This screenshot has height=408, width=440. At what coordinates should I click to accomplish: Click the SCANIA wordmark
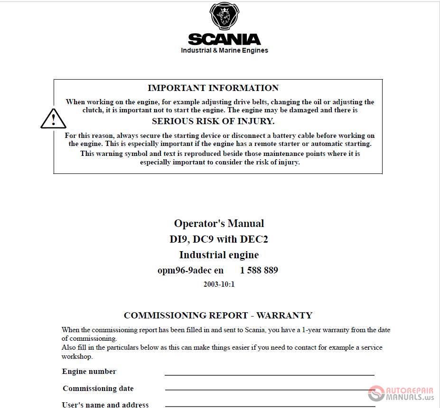pyautogui.click(x=225, y=39)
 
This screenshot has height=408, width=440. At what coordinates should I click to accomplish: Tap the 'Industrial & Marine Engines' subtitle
pyautogui.click(x=225, y=51)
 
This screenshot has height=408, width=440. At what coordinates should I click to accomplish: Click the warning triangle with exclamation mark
pyautogui.click(x=53, y=118)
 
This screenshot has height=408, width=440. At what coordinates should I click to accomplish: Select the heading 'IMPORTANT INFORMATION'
pyautogui.click(x=213, y=88)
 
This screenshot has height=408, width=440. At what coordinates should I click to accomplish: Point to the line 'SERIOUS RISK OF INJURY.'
pyautogui.click(x=213, y=121)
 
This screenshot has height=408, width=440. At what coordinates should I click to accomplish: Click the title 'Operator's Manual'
pyautogui.click(x=219, y=224)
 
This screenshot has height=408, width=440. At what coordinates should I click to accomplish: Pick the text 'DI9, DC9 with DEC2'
pyautogui.click(x=219, y=239)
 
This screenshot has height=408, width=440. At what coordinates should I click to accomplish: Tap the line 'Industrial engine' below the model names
pyautogui.click(x=219, y=255)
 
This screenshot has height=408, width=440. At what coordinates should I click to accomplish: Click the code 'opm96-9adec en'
pyautogui.click(x=190, y=271)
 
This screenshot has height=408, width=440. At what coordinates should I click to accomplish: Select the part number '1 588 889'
pyautogui.click(x=259, y=271)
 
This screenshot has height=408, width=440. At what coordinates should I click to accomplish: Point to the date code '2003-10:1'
pyautogui.click(x=219, y=284)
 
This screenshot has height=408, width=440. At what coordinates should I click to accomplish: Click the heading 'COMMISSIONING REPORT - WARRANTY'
pyautogui.click(x=218, y=316)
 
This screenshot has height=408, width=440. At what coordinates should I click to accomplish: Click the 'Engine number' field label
pyautogui.click(x=89, y=372)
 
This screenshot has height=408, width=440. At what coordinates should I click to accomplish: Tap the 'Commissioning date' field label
pyautogui.click(x=98, y=389)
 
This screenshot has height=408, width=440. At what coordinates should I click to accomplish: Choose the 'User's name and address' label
pyautogui.click(x=105, y=405)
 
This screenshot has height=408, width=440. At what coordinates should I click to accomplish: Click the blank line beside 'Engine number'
pyautogui.click(x=269, y=374)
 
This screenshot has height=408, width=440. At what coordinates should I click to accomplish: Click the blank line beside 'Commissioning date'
pyautogui.click(x=269, y=390)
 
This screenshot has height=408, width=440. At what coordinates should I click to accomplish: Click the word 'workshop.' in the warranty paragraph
pyautogui.click(x=77, y=356)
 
